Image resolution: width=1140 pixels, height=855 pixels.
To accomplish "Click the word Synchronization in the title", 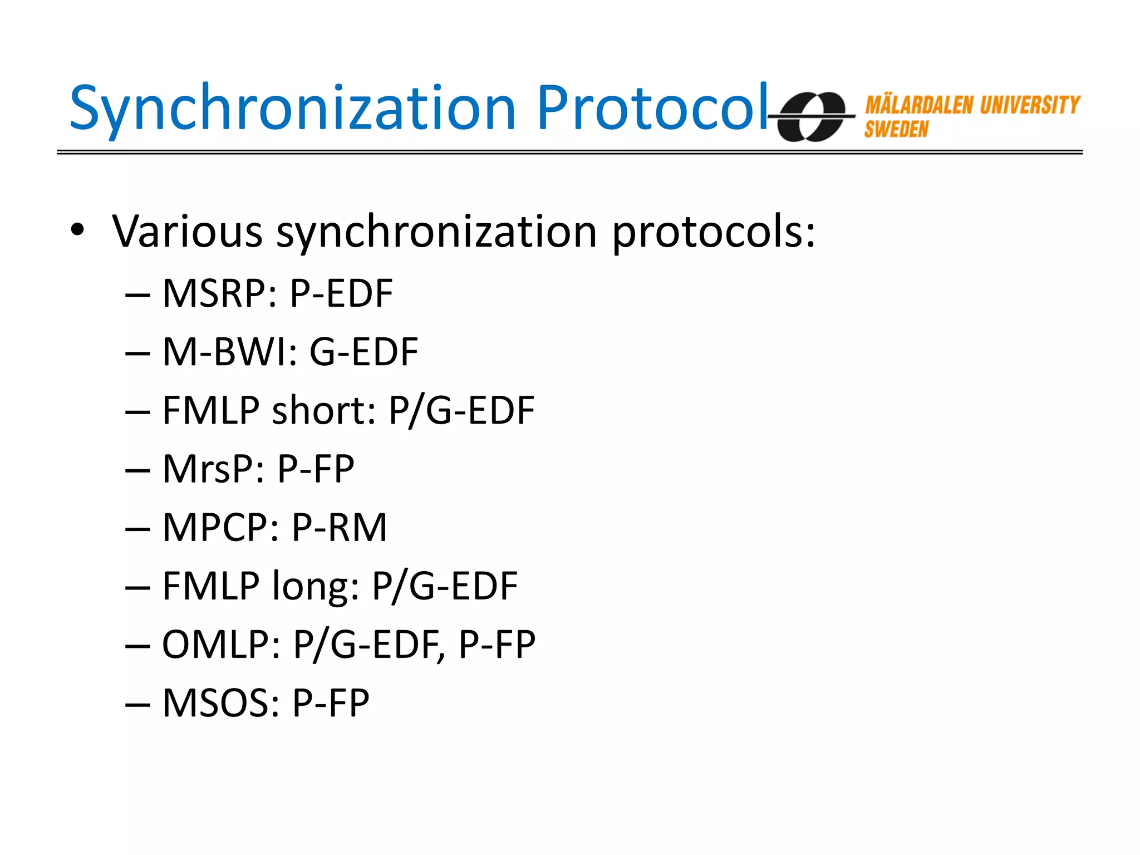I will (x=292, y=109).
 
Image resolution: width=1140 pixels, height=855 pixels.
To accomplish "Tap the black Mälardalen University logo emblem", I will (x=812, y=116).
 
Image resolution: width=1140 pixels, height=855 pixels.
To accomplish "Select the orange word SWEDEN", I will (x=896, y=130).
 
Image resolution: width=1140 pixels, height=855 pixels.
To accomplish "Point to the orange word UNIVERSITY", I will (x=1030, y=105).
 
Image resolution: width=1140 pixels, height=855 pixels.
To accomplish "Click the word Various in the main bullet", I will (x=187, y=231).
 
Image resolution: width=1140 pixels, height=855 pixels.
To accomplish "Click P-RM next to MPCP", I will (x=339, y=527).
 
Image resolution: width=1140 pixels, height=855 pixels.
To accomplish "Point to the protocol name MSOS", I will (x=220, y=703).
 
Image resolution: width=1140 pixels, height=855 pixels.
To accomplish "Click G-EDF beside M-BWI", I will (x=363, y=352).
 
